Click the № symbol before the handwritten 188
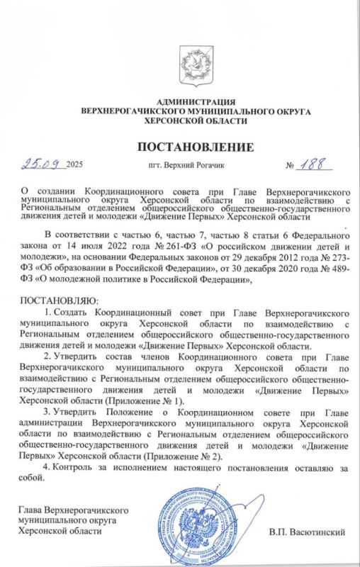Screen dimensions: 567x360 290,167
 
